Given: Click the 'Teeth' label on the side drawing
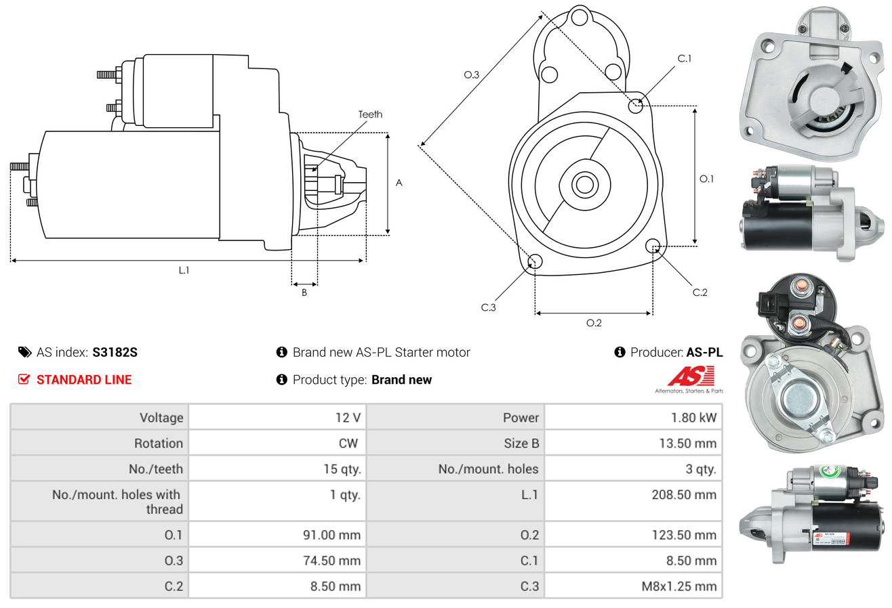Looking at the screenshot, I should click(x=370, y=114).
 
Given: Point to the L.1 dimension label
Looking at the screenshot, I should click(x=184, y=270).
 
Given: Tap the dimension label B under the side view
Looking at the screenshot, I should click(x=304, y=292).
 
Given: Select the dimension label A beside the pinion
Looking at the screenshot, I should click(x=399, y=183).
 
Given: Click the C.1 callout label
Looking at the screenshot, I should click(x=685, y=58).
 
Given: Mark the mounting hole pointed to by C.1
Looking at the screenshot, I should click(x=636, y=106).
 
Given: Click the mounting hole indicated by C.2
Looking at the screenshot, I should click(x=653, y=245).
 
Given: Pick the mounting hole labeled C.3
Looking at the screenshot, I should click(x=535, y=262).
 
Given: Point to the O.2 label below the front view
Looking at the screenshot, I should click(x=594, y=323).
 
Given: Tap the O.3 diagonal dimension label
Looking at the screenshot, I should click(x=472, y=75).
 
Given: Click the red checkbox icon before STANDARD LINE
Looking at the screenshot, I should click(x=24, y=379).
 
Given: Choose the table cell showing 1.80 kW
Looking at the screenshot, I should click(x=633, y=417).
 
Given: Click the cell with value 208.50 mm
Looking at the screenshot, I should click(x=633, y=495).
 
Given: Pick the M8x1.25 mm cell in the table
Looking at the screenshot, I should click(x=633, y=586).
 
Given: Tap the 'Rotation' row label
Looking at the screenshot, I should click(x=158, y=443).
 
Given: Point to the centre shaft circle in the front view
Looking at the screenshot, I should click(x=582, y=183).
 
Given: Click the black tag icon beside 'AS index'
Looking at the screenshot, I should click(x=24, y=352).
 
